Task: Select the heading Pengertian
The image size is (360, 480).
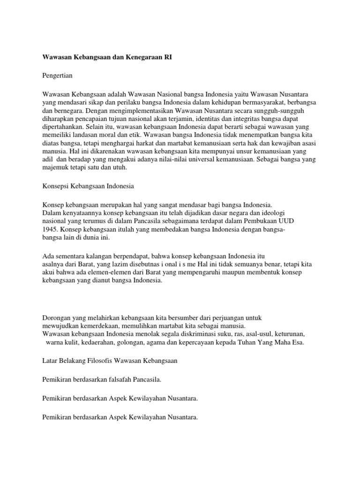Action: click(58, 75)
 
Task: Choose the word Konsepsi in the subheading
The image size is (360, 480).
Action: click(55, 186)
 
